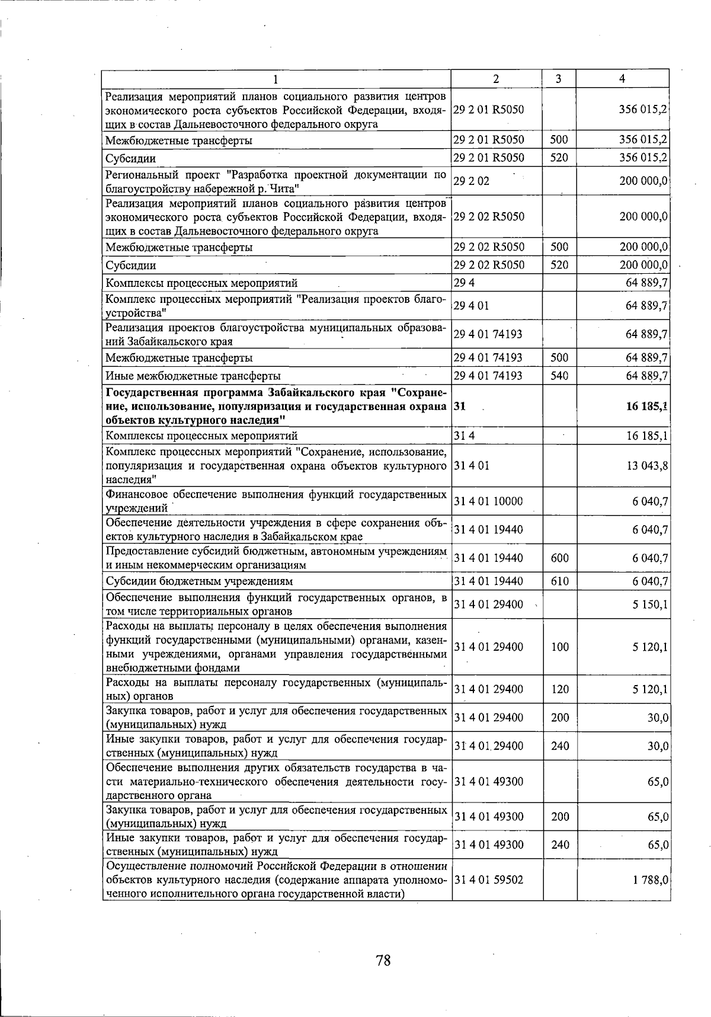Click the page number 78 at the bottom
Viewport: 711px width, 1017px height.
tap(383, 960)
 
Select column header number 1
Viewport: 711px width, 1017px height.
tap(276, 79)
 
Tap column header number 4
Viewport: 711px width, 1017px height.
tap(622, 79)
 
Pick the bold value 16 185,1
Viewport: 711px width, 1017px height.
tap(648, 407)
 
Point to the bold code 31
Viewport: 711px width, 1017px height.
tap(459, 407)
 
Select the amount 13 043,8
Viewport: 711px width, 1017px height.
tap(648, 466)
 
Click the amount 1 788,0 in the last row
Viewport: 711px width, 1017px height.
tap(650, 880)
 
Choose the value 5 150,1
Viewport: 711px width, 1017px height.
tap(650, 605)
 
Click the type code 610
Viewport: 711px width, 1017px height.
tap(559, 581)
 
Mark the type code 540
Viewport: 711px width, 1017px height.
tap(559, 376)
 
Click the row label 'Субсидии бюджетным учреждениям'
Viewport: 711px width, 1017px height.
tap(199, 581)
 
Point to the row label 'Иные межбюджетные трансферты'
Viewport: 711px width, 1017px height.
tap(193, 376)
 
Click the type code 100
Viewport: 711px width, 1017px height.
tap(559, 647)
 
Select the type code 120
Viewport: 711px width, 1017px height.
tap(559, 689)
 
